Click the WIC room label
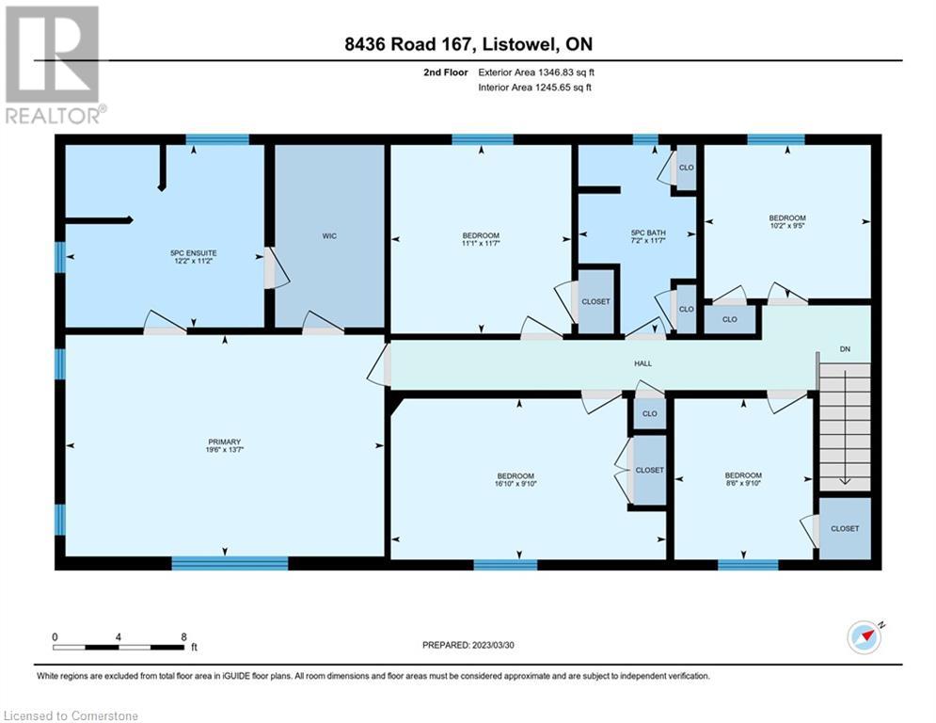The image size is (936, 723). point(328,236)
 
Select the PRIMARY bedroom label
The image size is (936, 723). point(225,442)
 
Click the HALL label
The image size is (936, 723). point(643,363)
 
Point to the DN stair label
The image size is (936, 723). point(844,349)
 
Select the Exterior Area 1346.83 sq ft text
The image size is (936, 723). point(534,72)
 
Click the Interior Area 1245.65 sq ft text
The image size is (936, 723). point(534,88)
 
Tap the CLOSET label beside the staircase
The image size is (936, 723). point(844,528)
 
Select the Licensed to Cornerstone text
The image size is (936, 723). point(71,716)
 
